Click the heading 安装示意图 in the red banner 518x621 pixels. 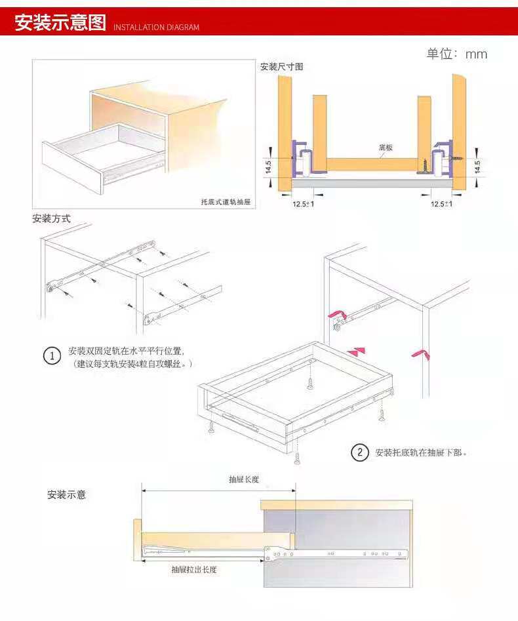click(60, 23)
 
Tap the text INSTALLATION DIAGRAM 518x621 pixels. click(156, 28)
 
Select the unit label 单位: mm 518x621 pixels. click(457, 54)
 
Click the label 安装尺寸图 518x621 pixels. click(281, 67)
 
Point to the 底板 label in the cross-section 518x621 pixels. click(386, 148)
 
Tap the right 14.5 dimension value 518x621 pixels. click(477, 167)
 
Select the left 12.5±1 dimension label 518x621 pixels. click(303, 204)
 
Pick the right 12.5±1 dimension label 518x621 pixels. click(441, 204)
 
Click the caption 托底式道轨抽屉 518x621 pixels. click(226, 202)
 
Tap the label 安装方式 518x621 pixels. click(51, 218)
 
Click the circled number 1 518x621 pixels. click(52, 357)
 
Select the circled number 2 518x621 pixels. click(359, 452)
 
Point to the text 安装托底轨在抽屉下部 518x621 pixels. click(420, 452)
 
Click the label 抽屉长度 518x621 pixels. click(243, 479)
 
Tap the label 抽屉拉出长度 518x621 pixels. click(194, 570)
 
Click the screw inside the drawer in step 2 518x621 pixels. click(310, 382)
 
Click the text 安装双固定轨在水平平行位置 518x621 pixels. click(127, 351)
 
